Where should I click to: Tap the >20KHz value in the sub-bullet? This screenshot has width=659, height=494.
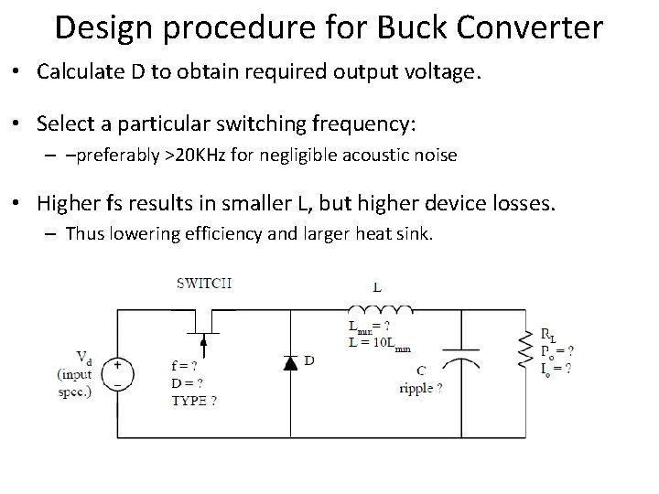[x=195, y=156]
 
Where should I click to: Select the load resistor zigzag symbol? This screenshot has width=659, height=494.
[x=524, y=349]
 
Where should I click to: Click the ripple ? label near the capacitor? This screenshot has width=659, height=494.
[x=420, y=388]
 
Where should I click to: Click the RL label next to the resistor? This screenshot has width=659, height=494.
[x=548, y=336]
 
